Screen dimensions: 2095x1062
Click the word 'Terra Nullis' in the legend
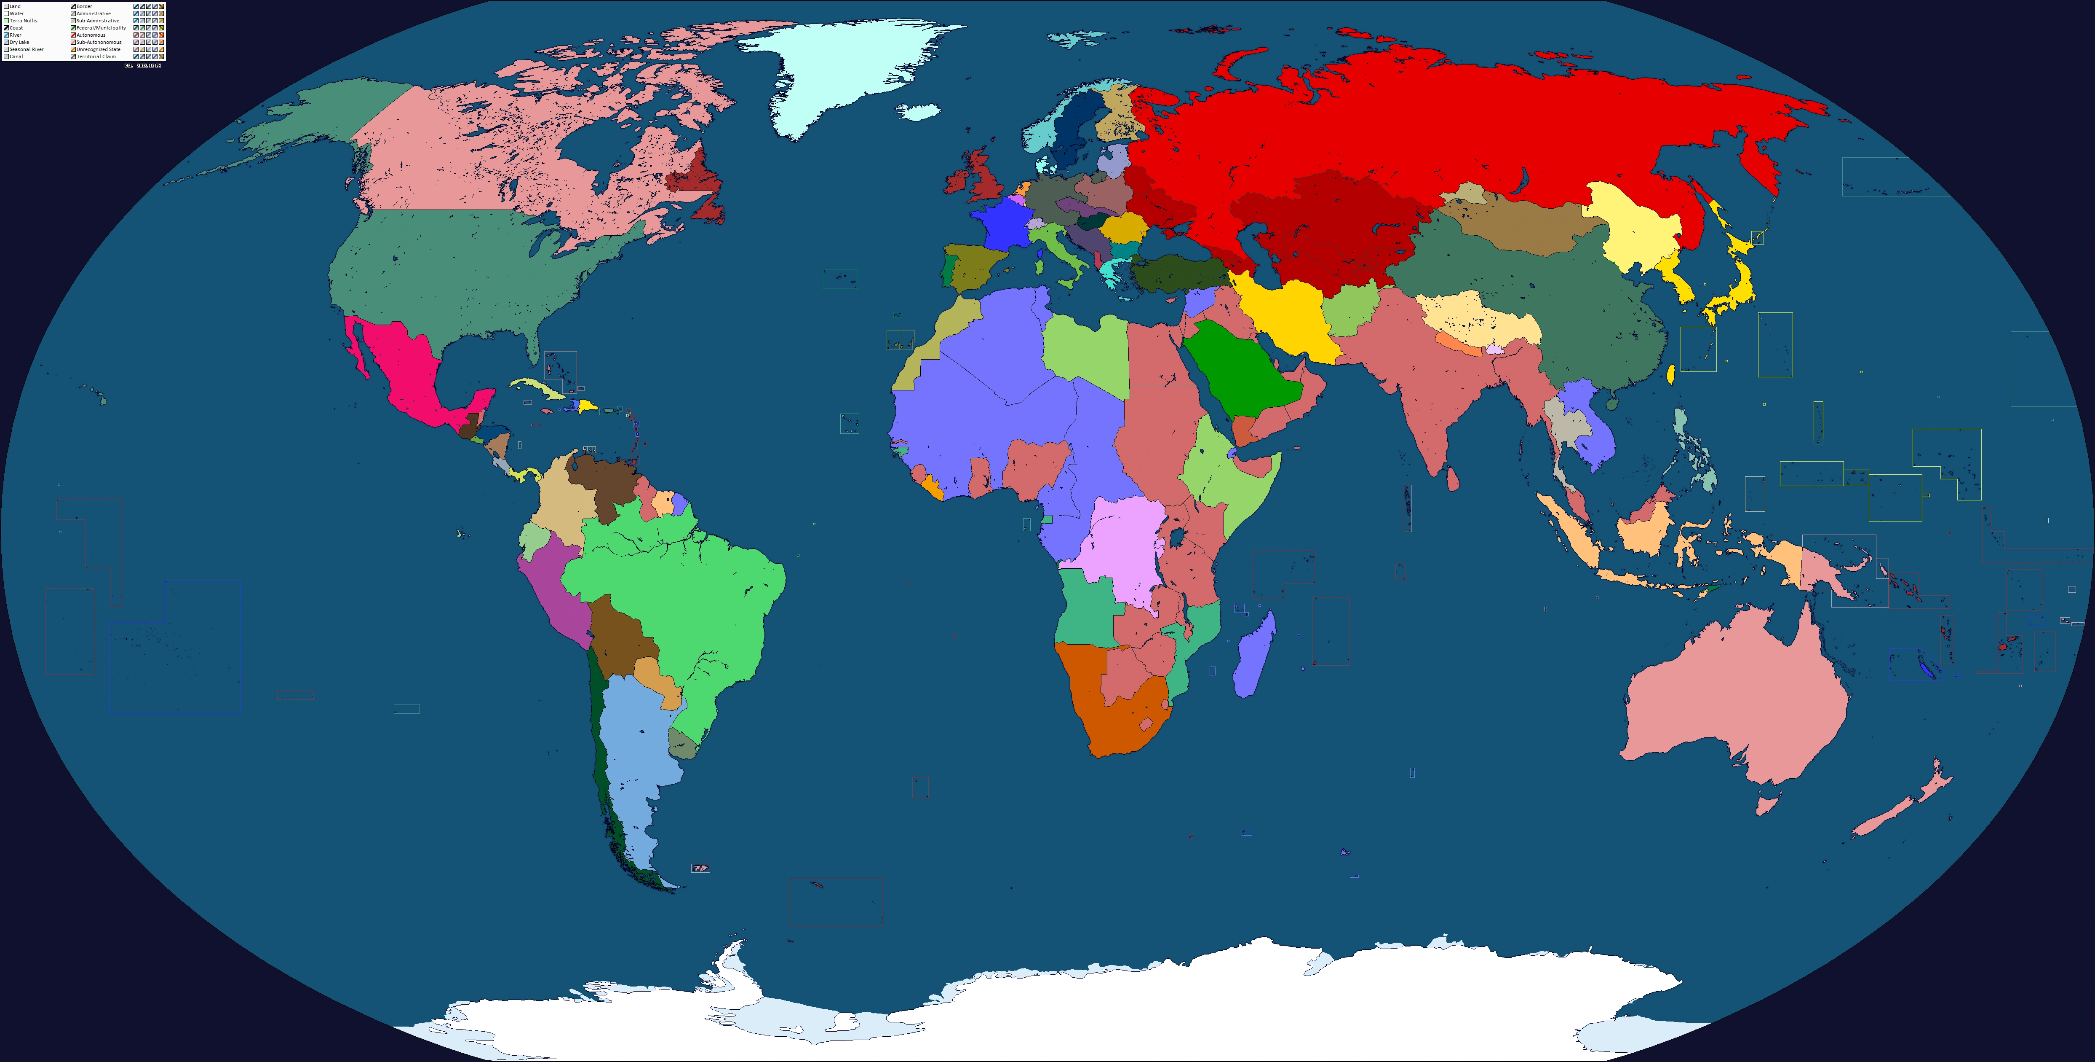click(24, 20)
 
